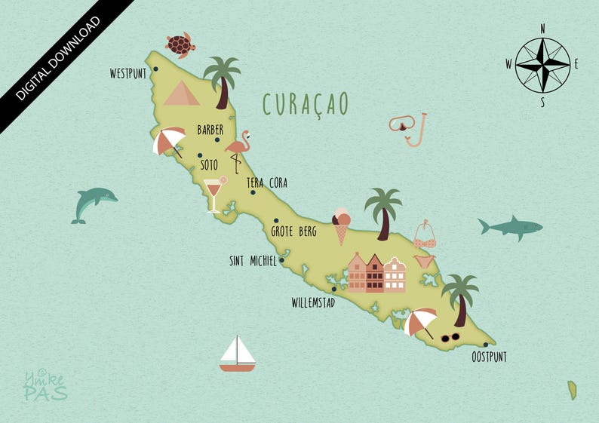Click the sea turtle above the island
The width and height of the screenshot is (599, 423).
180,45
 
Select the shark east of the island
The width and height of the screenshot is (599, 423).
510,226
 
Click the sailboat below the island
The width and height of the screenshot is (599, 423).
238,354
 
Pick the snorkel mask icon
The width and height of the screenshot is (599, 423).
409,128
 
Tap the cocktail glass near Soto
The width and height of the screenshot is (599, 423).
215,193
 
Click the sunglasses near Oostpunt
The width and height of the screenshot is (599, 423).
450,336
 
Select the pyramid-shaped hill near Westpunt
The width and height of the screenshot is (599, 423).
181,93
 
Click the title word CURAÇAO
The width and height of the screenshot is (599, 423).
306,105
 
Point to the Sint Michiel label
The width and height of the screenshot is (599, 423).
253,262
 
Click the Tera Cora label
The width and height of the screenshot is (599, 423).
267,183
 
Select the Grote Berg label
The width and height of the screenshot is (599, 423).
294,231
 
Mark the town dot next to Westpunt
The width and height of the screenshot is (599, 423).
155,69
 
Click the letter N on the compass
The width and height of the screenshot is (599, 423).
542,28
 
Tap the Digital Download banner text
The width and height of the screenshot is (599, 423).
57,57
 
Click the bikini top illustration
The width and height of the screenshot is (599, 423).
425,235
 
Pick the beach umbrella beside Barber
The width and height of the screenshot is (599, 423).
169,141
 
